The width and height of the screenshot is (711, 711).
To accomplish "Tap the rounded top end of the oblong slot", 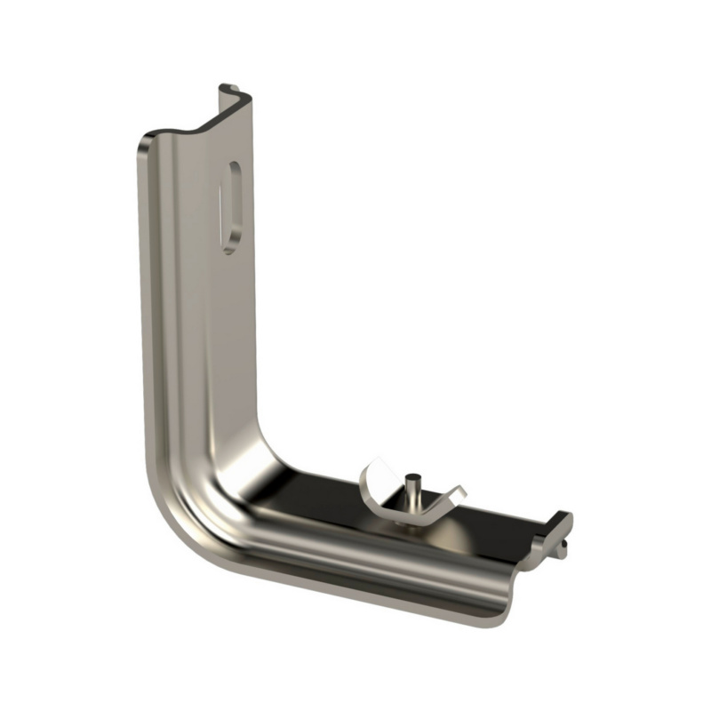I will [234, 169].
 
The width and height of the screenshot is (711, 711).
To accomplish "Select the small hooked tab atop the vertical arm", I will [229, 90].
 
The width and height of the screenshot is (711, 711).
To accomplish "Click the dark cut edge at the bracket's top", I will [200, 124].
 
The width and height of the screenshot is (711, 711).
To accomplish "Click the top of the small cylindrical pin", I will [412, 477].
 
